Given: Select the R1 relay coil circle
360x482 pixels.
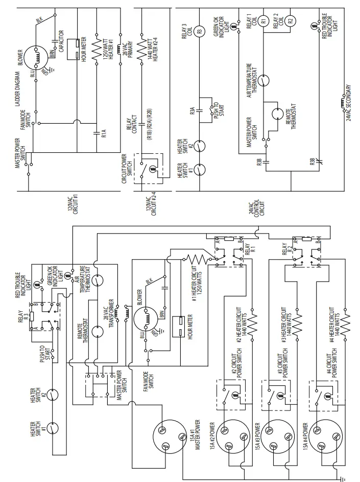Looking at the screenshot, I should click(264, 21).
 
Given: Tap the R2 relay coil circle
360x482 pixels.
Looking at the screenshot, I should click(290, 21).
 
